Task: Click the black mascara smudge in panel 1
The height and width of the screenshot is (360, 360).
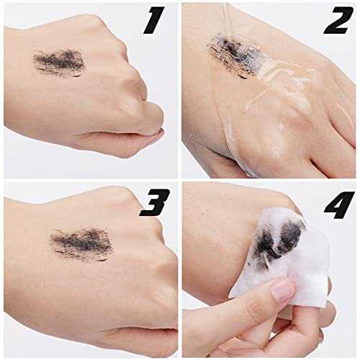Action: [60, 63]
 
